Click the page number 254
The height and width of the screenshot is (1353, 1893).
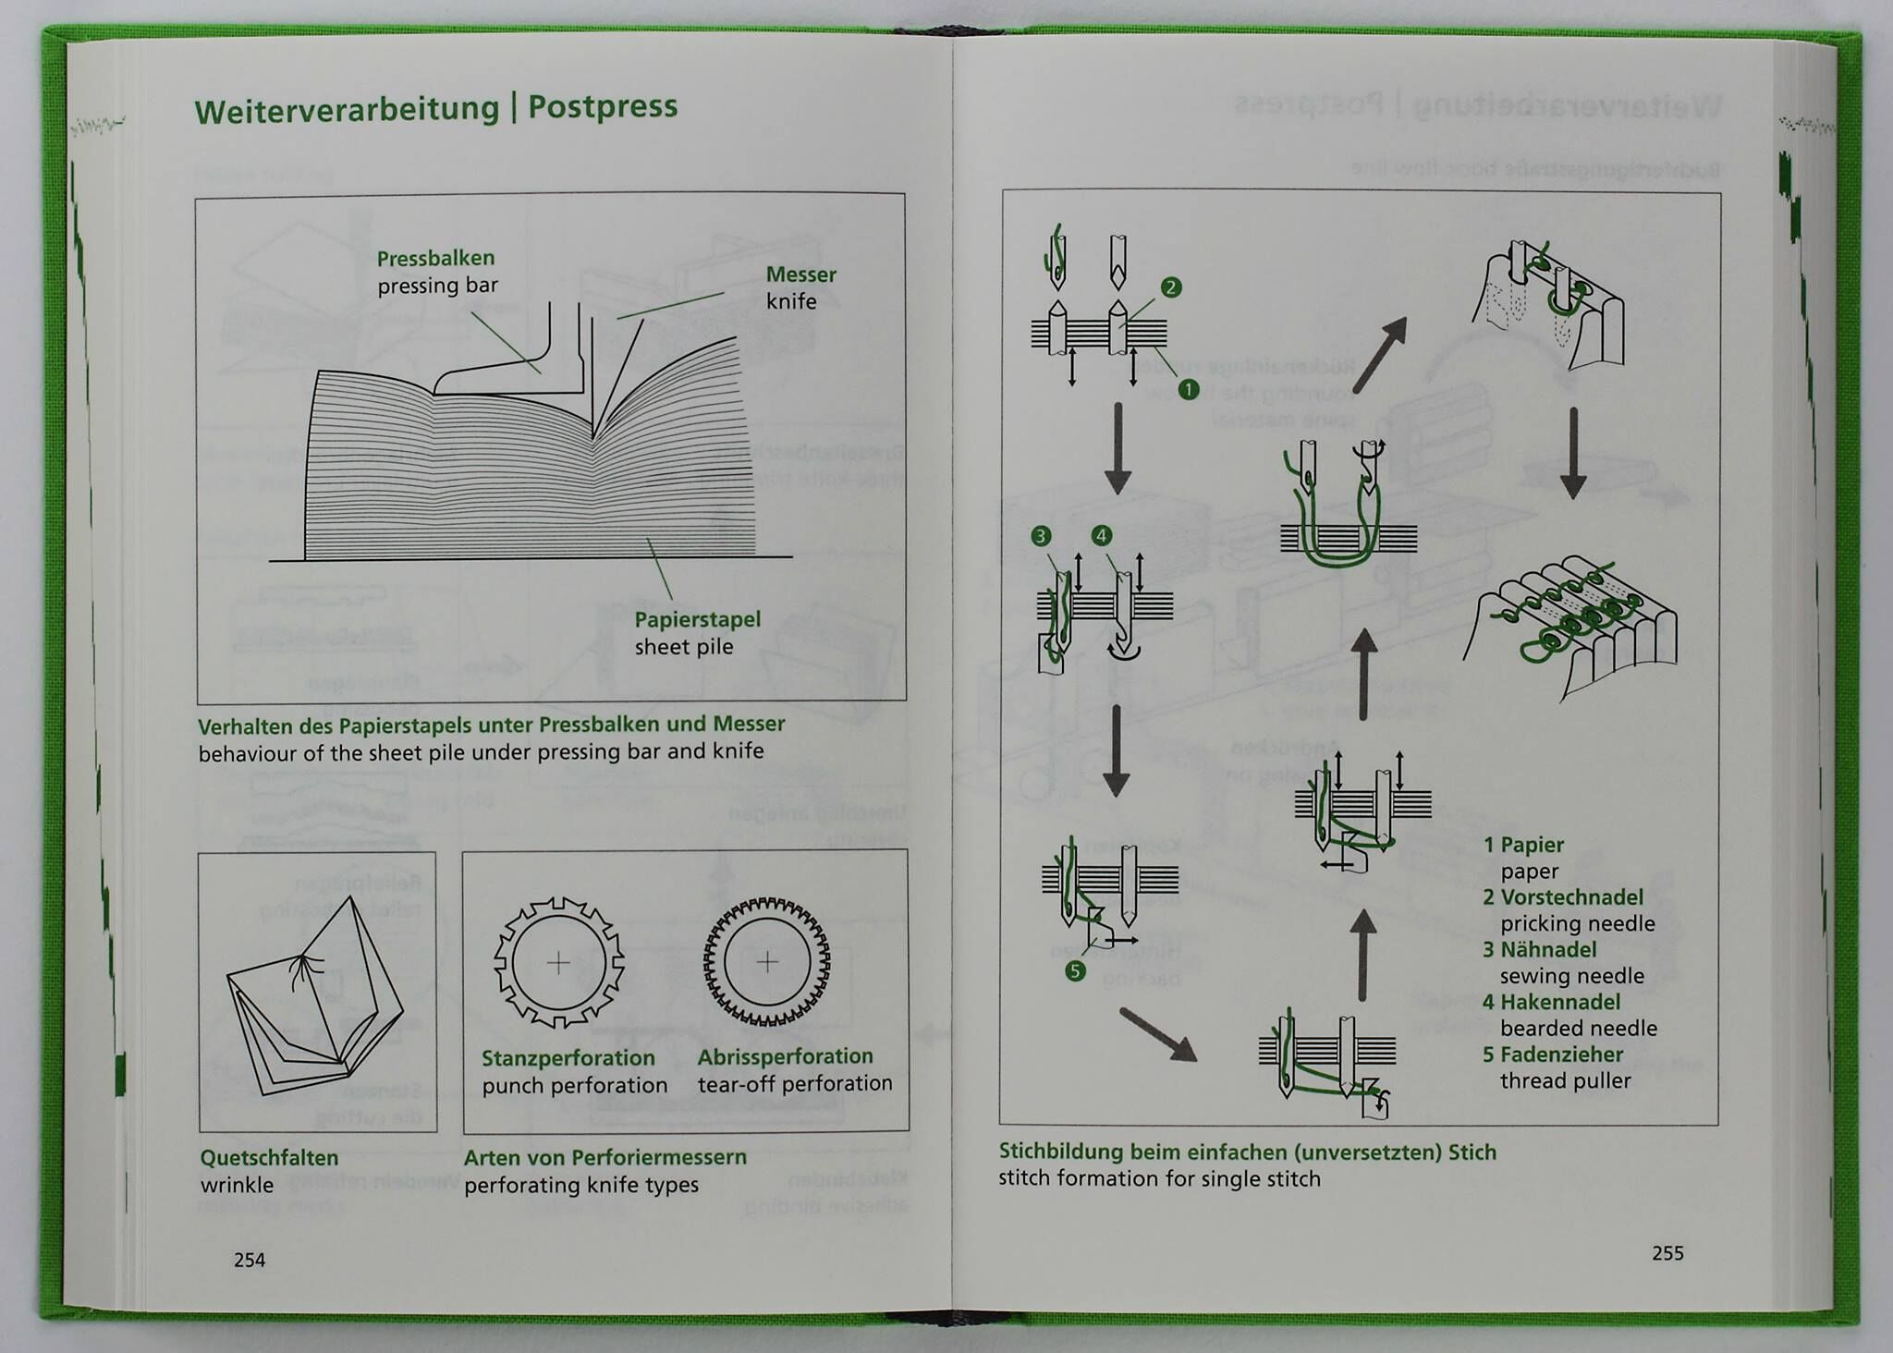250,1260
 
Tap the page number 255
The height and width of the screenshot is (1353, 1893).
1667,1253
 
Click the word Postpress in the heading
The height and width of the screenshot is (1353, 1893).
603,107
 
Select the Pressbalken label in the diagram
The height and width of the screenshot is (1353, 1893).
435,259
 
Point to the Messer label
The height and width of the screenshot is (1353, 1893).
800,274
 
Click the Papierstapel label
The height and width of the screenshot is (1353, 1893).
697,620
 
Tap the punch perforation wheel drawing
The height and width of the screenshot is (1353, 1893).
558,963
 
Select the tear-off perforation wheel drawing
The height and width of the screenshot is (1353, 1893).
766,962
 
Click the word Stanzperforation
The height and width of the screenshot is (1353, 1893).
568,1058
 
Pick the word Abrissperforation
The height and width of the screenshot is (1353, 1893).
785,1056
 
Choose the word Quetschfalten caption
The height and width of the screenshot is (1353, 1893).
269,1158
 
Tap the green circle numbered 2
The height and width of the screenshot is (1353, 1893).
1171,287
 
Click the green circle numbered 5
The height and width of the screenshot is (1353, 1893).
1075,970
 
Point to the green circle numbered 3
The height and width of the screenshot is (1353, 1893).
1041,536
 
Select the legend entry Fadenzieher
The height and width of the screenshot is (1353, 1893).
1561,1054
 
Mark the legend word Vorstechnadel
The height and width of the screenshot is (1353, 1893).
1571,897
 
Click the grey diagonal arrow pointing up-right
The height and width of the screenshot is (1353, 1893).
1381,354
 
